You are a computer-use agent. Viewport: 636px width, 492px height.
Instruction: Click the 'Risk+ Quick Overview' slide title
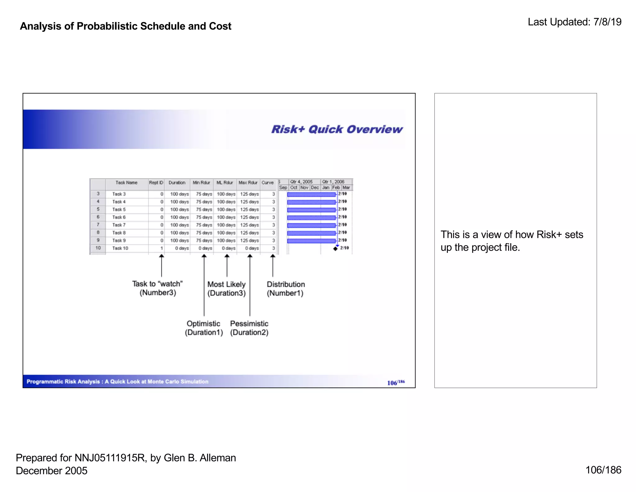(x=337, y=129)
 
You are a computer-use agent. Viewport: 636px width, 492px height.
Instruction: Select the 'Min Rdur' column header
(x=201, y=183)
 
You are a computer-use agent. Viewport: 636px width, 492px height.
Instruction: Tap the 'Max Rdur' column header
(x=248, y=183)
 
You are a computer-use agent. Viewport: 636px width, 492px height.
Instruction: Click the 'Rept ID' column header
(x=156, y=183)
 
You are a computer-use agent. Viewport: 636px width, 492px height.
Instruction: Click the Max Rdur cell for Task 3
(x=249, y=194)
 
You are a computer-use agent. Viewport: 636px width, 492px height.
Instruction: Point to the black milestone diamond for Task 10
(x=335, y=248)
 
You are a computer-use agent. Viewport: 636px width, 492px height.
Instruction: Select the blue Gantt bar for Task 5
(x=311, y=210)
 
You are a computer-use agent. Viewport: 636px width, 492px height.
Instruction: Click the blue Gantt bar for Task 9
(x=311, y=241)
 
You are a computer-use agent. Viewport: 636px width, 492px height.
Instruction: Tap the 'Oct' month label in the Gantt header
(x=293, y=188)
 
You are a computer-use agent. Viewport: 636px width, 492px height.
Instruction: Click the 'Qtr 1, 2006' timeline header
(x=333, y=182)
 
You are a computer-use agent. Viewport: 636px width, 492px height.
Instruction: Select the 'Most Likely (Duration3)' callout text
(x=226, y=289)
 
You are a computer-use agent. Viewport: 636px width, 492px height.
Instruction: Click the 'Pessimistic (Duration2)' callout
(x=249, y=328)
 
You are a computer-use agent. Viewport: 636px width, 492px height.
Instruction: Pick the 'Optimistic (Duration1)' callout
(x=204, y=328)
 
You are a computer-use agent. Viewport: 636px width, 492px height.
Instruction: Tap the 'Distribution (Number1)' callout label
(x=286, y=289)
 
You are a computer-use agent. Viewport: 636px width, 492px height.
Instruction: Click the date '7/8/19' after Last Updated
(x=607, y=22)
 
